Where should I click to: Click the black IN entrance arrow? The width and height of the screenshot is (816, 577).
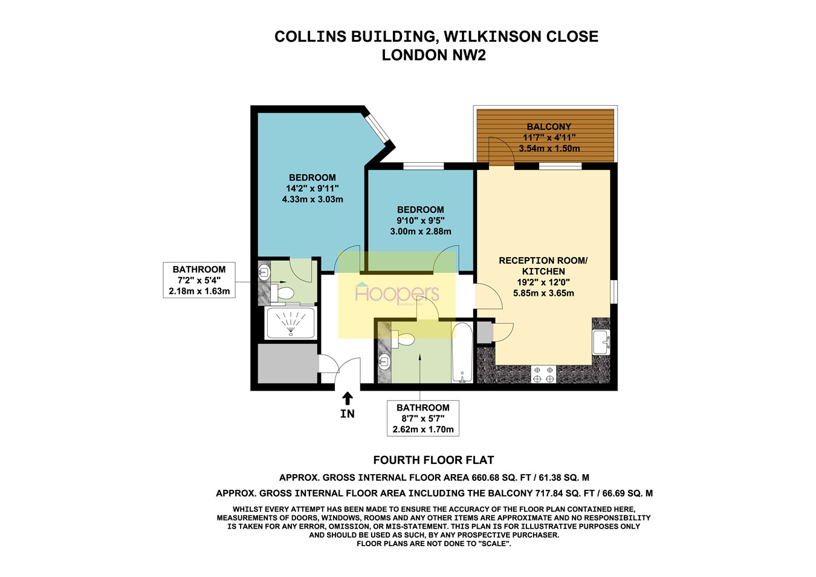click(x=348, y=398)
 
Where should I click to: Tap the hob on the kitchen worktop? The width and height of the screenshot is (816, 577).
click(x=543, y=374)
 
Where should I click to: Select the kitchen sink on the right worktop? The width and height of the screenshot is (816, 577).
click(x=600, y=342)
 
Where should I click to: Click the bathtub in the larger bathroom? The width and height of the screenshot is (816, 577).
click(x=462, y=353)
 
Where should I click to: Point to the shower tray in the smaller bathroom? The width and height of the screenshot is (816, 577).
click(x=291, y=323)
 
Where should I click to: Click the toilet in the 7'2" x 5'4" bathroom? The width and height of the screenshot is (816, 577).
click(x=283, y=293)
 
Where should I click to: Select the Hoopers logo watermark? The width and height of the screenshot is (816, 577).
click(x=397, y=294)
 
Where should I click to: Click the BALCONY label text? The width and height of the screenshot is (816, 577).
click(x=548, y=126)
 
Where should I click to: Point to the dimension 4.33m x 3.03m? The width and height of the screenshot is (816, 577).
click(x=312, y=199)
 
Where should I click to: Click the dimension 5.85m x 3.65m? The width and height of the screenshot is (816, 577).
click(x=543, y=293)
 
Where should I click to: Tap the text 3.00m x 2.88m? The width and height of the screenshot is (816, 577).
click(x=420, y=231)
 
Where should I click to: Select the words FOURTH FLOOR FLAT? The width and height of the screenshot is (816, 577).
click(x=433, y=460)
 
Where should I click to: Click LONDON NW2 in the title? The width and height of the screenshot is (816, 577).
click(x=433, y=55)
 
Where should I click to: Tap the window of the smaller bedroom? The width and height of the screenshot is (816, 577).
click(x=423, y=166)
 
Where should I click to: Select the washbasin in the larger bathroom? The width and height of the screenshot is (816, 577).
click(x=384, y=362)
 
